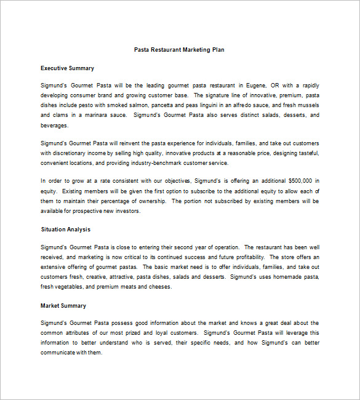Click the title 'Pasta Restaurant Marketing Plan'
pyautogui.click(x=179, y=50)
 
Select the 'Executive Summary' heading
pyautogui.click(x=67, y=68)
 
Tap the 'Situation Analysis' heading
pyautogui.click(x=65, y=230)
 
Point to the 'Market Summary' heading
pyautogui.click(x=63, y=306)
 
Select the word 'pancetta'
pyautogui.click(x=165, y=105)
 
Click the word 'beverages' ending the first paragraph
pyautogui.click(x=55, y=126)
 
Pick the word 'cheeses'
pyautogui.click(x=160, y=287)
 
